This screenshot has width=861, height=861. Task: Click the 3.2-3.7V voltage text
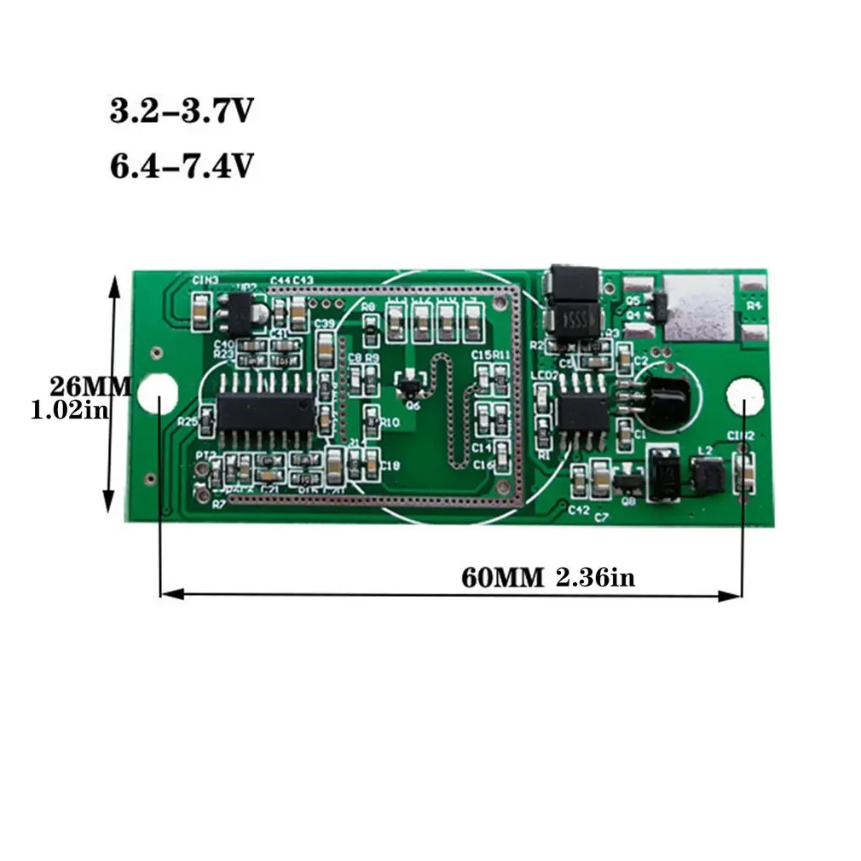pos(181,112)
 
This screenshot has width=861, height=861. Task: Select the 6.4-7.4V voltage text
pos(181,165)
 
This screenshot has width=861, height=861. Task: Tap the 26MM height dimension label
pos(90,386)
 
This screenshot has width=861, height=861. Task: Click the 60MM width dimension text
pos(502,577)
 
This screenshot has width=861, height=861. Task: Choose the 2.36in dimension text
pos(595,577)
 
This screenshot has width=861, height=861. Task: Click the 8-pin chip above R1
pos(582,410)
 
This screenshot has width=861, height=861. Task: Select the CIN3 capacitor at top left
pos(199,313)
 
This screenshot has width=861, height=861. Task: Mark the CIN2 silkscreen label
pos(740,436)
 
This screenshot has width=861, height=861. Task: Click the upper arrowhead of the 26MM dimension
pos(113,283)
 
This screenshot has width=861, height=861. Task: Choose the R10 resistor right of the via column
pos(371,419)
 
